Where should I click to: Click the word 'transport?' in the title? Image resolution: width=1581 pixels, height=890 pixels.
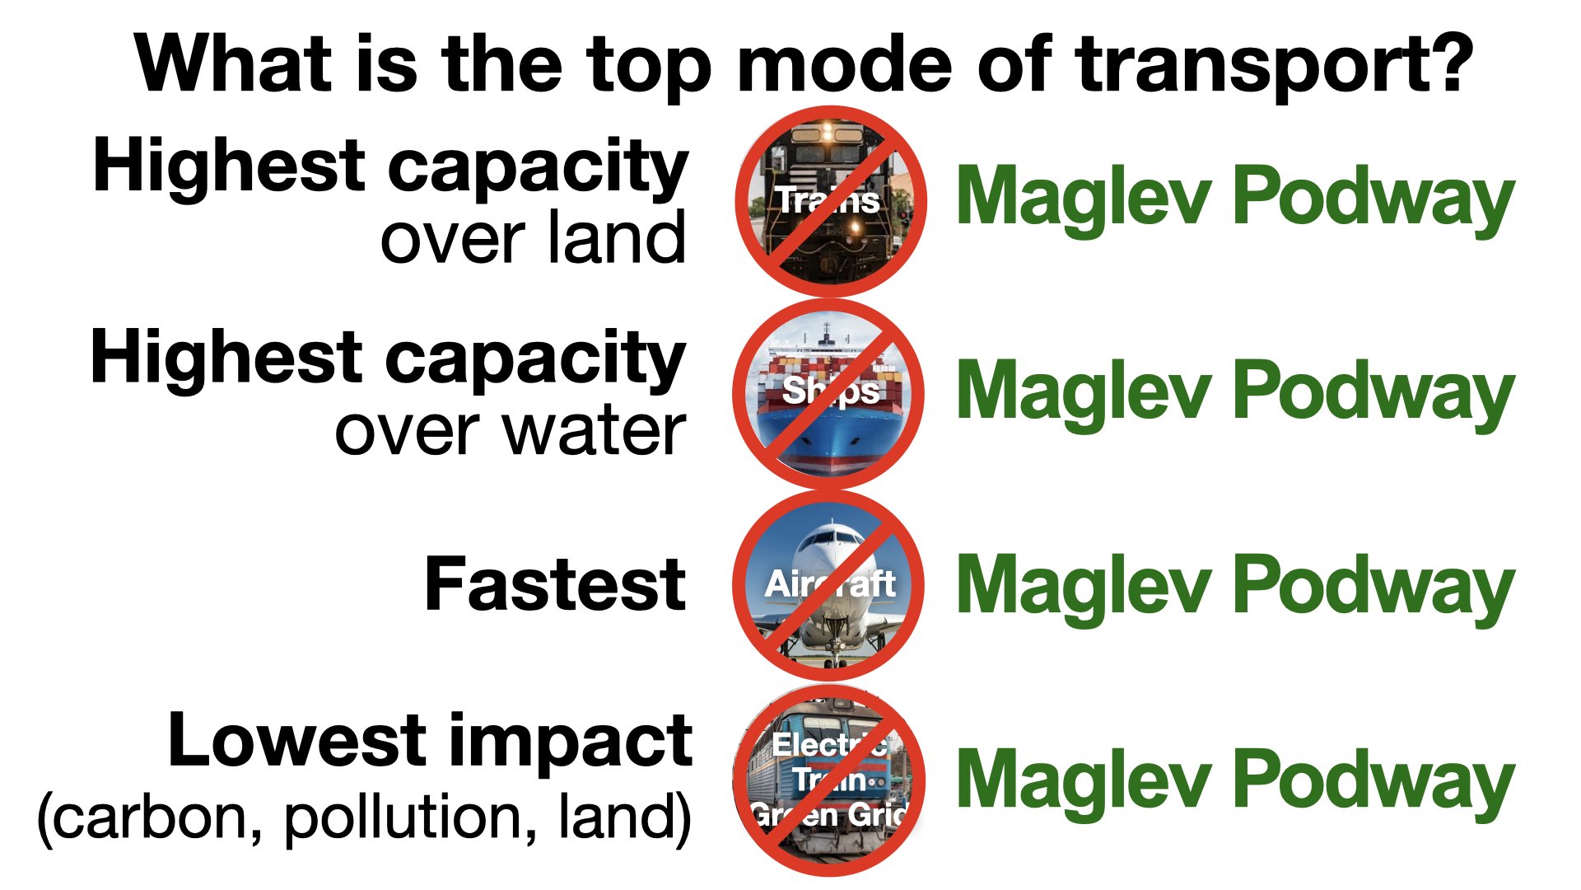pos(1274,66)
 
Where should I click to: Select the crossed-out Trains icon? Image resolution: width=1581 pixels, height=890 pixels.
pos(831,201)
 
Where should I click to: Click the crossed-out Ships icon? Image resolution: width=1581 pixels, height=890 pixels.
pos(828,394)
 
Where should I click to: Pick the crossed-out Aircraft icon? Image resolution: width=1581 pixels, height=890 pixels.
pos(828,585)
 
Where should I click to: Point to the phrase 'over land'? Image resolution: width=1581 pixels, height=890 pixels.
pos(533,237)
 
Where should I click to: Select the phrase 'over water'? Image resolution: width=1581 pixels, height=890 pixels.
pos(510,431)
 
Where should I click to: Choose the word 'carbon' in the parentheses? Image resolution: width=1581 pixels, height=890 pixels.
pos(152,817)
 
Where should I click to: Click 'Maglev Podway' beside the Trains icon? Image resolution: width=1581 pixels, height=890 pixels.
pos(1235,198)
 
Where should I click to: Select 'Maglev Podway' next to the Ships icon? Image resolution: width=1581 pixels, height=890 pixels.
pos(1235,392)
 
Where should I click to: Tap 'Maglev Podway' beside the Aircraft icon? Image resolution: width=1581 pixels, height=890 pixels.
pos(1235,586)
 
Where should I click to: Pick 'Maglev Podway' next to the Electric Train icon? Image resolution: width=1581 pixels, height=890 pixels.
pos(1235,780)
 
